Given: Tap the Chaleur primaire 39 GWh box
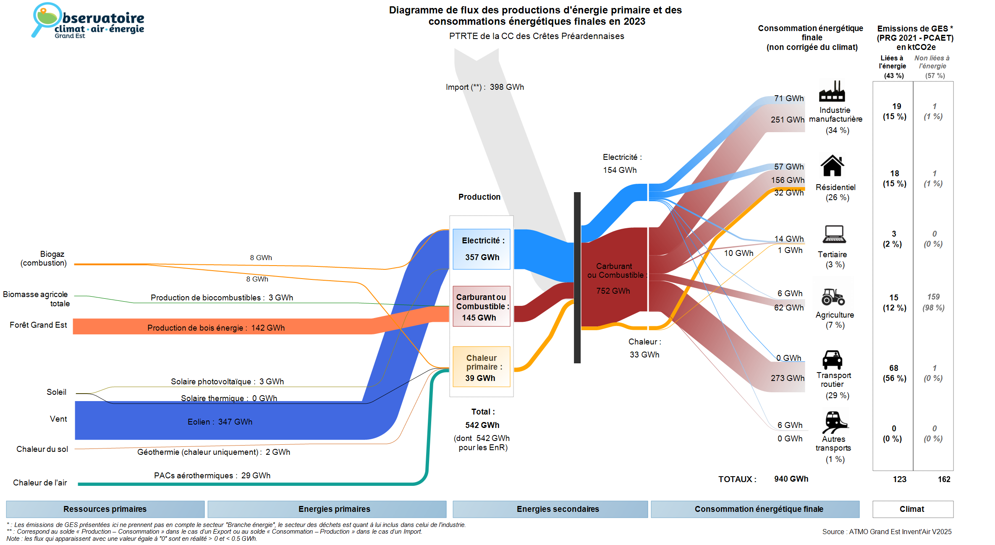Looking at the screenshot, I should tap(481, 367).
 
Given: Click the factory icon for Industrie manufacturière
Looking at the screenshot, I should tap(832, 91).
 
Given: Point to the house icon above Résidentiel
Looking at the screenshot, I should tap(832, 166).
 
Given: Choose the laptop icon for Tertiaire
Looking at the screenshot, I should tap(834, 235).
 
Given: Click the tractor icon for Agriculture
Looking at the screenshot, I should tap(833, 297).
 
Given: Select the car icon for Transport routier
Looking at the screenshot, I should tap(832, 360).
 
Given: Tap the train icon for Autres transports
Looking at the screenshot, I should tap(834, 422).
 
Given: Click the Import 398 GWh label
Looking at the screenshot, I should tap(484, 87).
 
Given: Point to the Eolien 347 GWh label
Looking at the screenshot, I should tap(220, 422).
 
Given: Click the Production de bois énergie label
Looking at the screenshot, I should tap(216, 328).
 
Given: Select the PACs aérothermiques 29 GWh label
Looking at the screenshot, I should tap(212, 475).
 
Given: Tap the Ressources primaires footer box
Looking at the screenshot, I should tap(105, 509).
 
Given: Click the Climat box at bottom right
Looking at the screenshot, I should tap(912, 509).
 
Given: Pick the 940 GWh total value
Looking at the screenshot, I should tap(791, 479).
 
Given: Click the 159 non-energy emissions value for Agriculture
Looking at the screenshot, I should tap(933, 297).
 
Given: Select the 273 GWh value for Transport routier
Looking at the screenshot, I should tap(787, 378).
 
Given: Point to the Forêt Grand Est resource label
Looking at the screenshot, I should tap(38, 325).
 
